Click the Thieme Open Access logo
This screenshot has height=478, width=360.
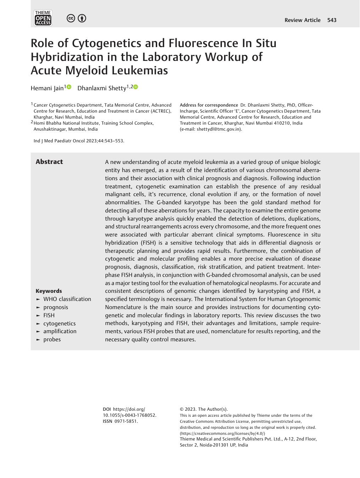point(43,18)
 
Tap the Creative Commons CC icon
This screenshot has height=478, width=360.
point(71,18)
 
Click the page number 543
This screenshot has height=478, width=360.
point(332,20)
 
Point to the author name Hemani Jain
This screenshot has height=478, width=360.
point(47,88)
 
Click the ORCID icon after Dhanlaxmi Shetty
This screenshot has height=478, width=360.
point(136,87)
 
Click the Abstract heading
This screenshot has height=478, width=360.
point(49,162)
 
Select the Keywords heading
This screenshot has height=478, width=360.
point(49,291)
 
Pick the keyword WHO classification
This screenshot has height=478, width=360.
point(67,299)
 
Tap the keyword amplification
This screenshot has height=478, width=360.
point(60,331)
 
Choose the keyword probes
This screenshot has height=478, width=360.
point(52,340)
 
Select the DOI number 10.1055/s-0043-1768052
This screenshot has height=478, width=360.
point(129,415)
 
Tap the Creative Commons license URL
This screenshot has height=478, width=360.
point(222,433)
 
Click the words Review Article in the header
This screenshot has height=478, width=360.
point(302,20)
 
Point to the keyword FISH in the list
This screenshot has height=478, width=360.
point(49,315)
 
